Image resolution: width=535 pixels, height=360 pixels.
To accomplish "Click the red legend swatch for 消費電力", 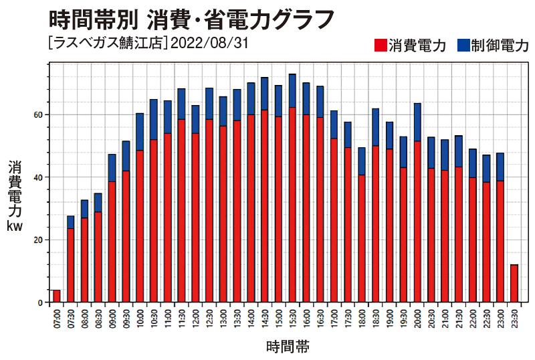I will click(x=380, y=46).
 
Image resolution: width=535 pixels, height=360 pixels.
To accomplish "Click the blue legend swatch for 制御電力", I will click(x=463, y=46).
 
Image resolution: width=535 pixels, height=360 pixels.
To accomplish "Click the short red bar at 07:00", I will click(x=57, y=296).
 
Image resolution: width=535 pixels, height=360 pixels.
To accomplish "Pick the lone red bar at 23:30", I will click(x=514, y=283).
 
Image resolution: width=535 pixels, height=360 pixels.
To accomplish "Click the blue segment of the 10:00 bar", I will click(x=140, y=131).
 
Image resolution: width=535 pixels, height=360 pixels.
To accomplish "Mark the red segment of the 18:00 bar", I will click(x=362, y=238).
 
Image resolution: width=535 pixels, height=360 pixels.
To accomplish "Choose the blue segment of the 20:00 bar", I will click(x=417, y=122).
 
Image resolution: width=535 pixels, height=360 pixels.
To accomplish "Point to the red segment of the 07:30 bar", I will click(x=71, y=265).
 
